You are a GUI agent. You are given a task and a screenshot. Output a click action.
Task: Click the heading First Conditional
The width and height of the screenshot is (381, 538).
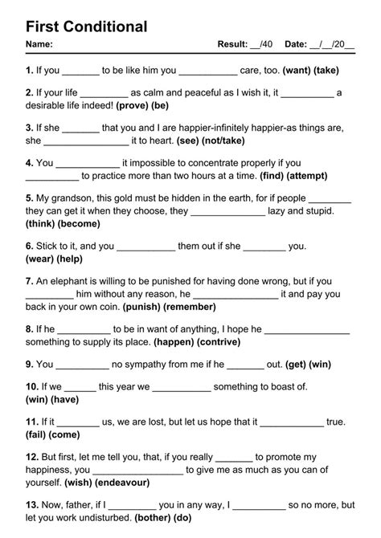pyautogui.click(x=87, y=26)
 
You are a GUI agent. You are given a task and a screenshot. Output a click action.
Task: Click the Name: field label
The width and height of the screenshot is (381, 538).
pyautogui.click(x=39, y=45)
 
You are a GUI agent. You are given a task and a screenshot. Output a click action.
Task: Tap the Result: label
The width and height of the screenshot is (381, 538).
pyautogui.click(x=232, y=45)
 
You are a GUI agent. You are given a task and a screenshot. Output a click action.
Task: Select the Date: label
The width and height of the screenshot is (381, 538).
pyautogui.click(x=296, y=45)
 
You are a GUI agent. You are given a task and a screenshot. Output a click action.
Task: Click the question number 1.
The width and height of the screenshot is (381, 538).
pyautogui.click(x=29, y=71)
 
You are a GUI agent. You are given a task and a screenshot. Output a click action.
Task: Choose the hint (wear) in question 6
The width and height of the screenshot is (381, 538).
pyautogui.click(x=41, y=259)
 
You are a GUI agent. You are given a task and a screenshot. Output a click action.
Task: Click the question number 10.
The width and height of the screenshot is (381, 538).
pyautogui.click(x=31, y=386)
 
